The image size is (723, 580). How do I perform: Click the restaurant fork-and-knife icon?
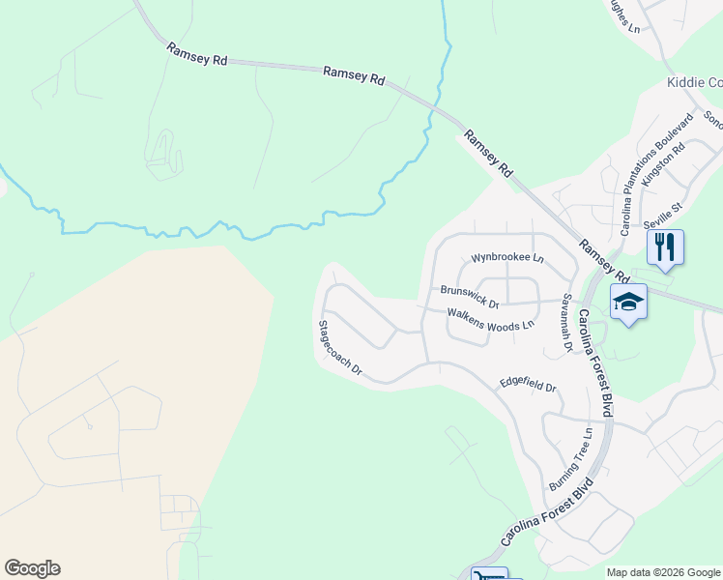pos(665,246)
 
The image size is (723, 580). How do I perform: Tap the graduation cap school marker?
pos(628,302)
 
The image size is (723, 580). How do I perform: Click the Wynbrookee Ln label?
pos(507,259)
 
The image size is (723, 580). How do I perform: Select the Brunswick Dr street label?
pos(470,296)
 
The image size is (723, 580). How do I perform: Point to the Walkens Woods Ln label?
pos(490,319)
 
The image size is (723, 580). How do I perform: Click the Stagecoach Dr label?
pos(339,348)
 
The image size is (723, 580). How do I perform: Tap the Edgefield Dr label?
pos(528,385)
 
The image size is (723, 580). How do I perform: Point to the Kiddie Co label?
pos(694,83)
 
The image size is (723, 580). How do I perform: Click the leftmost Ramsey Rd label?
pos(196,54)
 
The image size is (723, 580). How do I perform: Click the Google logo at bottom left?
pos(32,568)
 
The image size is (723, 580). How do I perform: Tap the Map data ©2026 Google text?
pos(662,572)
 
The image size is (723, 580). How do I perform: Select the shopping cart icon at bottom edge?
pos(488,575)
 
